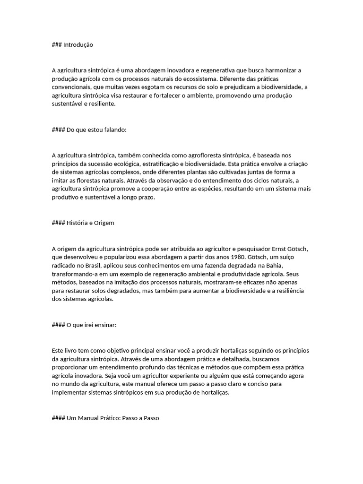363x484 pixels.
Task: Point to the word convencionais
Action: click(72, 87)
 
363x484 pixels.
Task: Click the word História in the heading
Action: click(76, 223)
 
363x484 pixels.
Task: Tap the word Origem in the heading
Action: click(104, 223)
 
